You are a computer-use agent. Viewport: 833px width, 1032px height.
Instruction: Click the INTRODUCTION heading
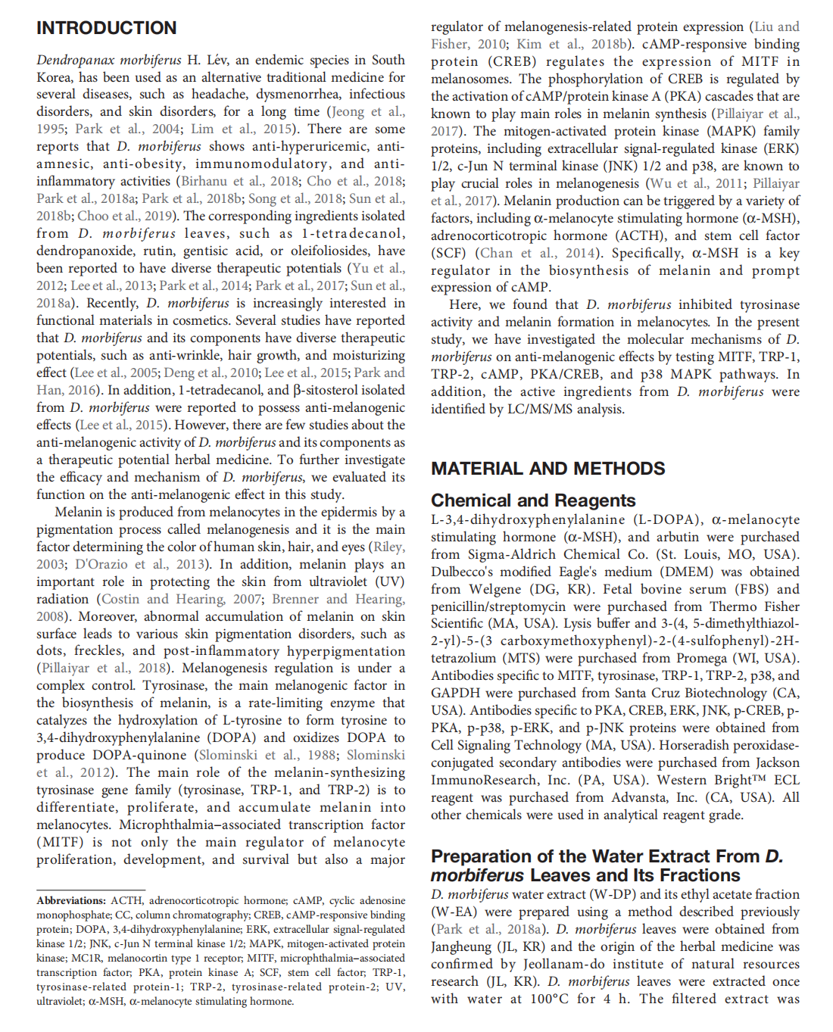tap(106, 28)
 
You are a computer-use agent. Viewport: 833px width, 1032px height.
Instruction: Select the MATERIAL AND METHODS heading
tap(548, 469)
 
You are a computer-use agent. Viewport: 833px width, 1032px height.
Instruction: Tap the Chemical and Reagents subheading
tap(533, 500)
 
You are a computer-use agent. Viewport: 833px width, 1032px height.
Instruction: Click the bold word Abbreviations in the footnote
tap(70, 901)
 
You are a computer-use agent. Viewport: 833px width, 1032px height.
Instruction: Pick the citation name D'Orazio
tap(102, 565)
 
